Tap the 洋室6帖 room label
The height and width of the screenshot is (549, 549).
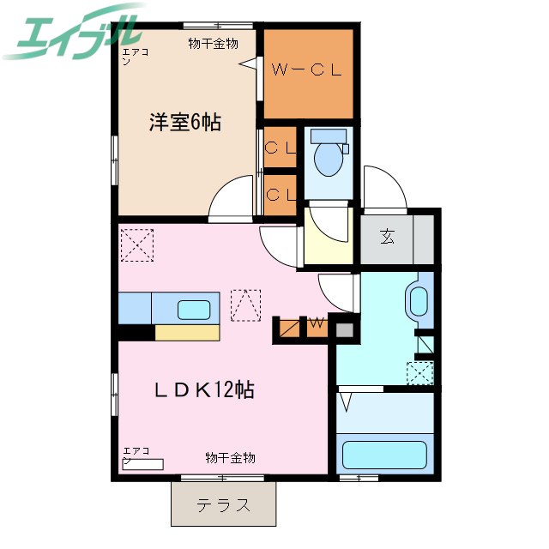pos(185,123)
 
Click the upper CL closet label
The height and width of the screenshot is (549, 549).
pos(281,147)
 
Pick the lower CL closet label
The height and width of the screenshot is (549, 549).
pos(281,194)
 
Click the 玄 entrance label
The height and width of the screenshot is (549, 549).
pos(388,236)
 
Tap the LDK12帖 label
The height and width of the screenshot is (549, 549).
pos(203,389)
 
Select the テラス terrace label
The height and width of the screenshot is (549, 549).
pos(224,505)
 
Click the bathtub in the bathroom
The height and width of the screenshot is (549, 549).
pos(384,454)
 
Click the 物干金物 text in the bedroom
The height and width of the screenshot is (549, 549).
pos(213,44)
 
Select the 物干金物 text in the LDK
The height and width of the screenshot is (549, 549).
pos(230,458)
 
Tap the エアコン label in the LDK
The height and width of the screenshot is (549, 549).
pos(136,455)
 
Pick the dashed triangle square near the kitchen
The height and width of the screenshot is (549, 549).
pos(245,305)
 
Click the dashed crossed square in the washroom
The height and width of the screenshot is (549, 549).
pos(419,374)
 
